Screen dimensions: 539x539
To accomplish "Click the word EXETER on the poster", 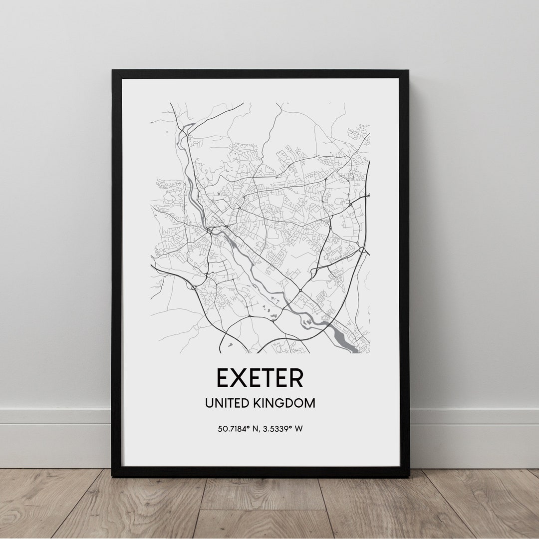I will [x=260, y=378].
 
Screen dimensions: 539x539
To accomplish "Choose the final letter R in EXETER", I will [x=295, y=378].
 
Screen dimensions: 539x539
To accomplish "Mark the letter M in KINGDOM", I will [x=310, y=403].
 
